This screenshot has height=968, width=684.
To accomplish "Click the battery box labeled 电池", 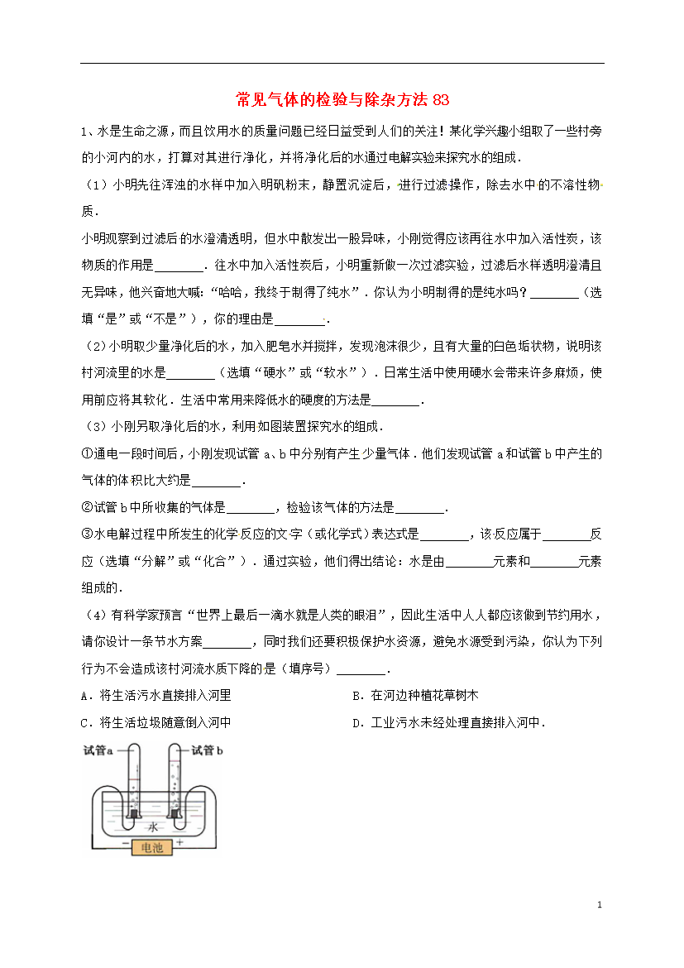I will (x=153, y=848).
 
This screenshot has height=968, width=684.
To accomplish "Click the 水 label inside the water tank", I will (x=152, y=827).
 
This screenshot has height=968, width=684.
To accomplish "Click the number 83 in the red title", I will (x=441, y=100).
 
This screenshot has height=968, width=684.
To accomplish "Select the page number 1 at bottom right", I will (x=599, y=905).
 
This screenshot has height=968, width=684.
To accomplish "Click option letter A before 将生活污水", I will (x=85, y=696).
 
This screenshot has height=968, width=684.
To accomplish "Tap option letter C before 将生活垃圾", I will (x=85, y=722).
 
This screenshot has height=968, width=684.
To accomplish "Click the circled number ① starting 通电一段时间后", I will (x=86, y=453).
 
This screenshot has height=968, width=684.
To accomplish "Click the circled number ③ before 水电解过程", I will (x=86, y=534).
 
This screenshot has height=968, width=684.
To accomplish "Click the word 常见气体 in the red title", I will (x=264, y=100).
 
